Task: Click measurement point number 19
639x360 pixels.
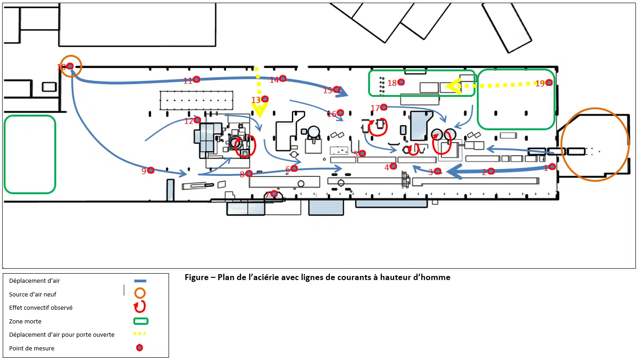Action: [x=549, y=83]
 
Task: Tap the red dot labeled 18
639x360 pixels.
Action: [x=401, y=82]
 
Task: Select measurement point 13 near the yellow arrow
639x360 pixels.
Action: [x=265, y=99]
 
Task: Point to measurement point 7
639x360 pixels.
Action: [x=274, y=194]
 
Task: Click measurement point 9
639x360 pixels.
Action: [x=151, y=170]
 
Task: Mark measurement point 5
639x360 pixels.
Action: [x=362, y=154]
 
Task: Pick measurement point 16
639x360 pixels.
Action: [x=340, y=113]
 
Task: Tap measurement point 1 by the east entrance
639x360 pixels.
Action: [x=552, y=167]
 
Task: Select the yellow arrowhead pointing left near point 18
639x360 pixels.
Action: [x=454, y=86]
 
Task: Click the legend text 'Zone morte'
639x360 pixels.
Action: [x=25, y=322]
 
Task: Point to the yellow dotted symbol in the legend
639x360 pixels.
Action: [x=139, y=334]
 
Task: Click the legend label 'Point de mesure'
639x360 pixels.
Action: [x=32, y=348]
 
